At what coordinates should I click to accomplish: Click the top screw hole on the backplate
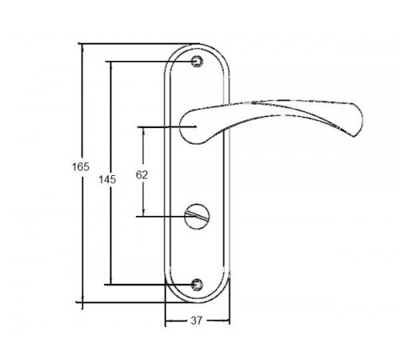pyautogui.click(x=198, y=61)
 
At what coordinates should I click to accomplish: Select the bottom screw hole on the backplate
pyautogui.click(x=198, y=282)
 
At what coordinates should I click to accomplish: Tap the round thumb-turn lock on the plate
pyautogui.click(x=193, y=215)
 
